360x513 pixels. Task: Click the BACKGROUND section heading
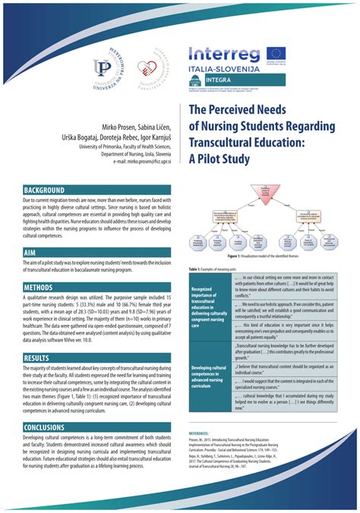44,189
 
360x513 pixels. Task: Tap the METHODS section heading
38,288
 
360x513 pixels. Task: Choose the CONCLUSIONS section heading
44,427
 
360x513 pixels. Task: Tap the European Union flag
276,52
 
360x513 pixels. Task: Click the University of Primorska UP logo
102,71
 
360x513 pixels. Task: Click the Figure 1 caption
265,256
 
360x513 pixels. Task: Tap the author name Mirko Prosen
112,123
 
